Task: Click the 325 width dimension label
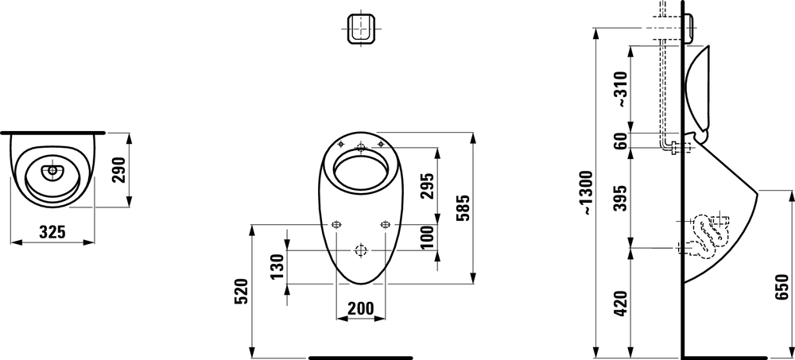52,232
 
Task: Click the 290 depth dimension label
119,170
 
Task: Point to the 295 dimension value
428,186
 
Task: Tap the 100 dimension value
428,238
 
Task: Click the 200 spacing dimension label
360,308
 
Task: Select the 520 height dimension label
241,291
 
